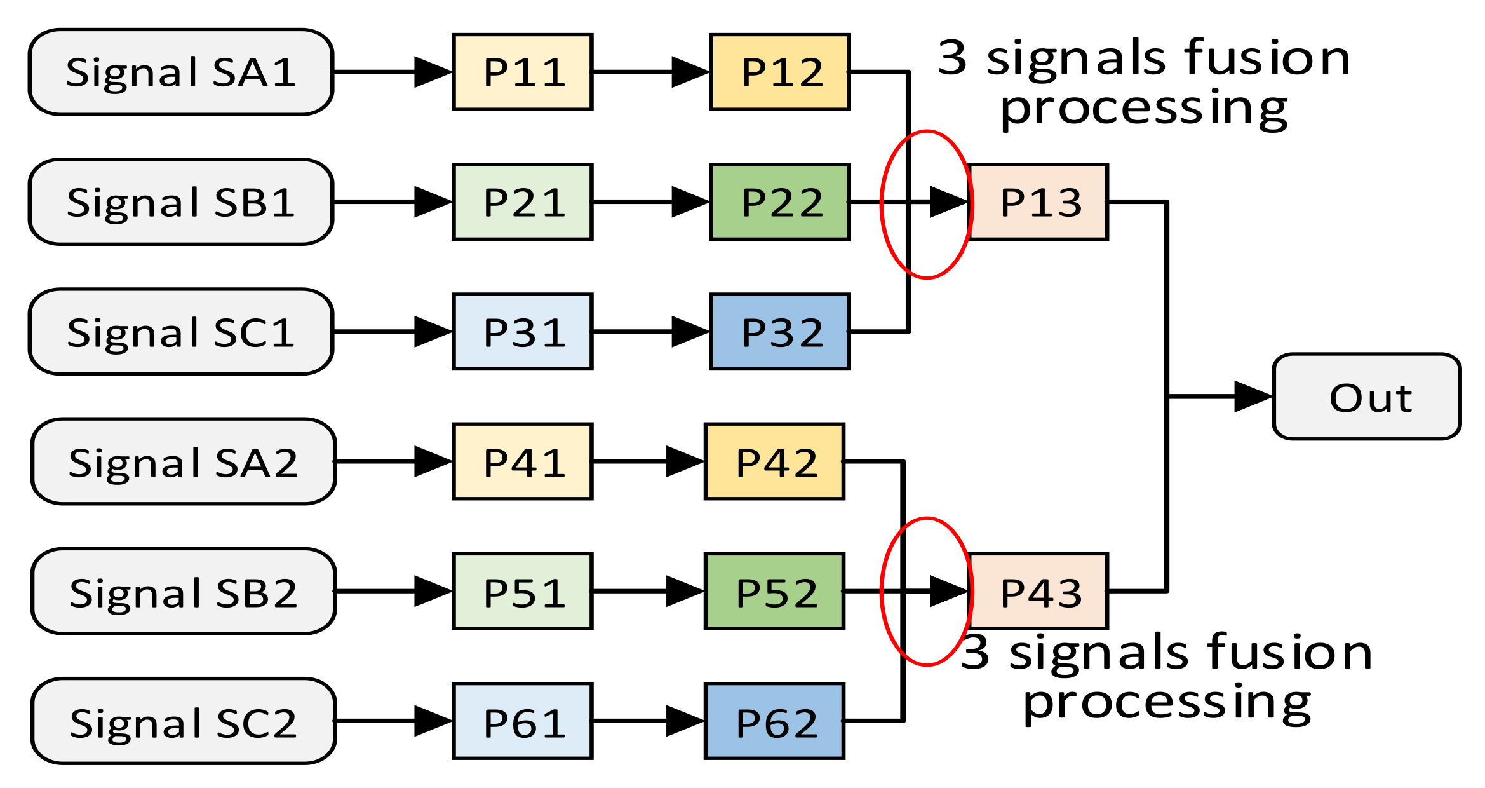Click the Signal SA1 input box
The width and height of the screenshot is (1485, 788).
[181, 72]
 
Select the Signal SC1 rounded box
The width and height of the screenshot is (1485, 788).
[181, 332]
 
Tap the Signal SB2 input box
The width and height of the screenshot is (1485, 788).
[183, 592]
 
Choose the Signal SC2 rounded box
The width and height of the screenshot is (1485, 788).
[183, 721]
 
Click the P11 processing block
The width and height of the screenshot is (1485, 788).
[523, 72]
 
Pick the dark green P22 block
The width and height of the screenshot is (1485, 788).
[780, 202]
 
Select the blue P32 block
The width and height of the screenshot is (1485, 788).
[780, 332]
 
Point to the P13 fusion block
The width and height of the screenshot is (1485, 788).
[1039, 202]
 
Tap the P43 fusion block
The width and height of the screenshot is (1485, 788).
[1039, 592]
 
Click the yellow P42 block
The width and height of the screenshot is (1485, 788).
[775, 461]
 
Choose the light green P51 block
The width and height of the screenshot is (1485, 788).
[523, 592]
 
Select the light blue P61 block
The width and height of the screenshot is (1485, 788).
[523, 721]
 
